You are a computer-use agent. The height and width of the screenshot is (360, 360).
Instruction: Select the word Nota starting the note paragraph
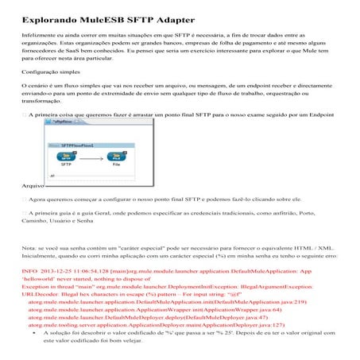pos(29,250)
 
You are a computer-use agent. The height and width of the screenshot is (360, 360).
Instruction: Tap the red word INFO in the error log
pos(29,271)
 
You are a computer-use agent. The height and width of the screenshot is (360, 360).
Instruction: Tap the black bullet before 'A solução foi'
pos(35,332)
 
